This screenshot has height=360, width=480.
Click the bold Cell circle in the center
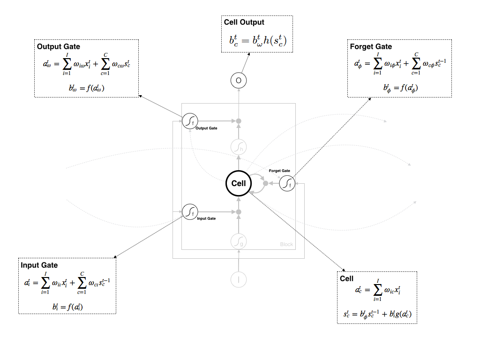[239, 183]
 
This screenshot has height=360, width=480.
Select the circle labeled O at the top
[239, 81]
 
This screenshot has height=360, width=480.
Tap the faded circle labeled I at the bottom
[239, 279]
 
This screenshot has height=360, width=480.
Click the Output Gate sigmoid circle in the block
[189, 121]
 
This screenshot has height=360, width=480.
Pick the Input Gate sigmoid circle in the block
[189, 212]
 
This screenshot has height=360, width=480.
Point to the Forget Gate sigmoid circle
[287, 183]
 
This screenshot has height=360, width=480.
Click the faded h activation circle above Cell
[239, 147]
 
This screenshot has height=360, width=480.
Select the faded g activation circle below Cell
[239, 241]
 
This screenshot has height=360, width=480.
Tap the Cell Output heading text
[244, 22]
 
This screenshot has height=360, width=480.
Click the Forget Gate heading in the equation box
[371, 46]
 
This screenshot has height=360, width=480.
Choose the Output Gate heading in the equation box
[59, 46]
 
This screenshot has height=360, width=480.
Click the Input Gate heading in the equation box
[39, 265]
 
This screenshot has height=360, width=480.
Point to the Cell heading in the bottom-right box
[347, 278]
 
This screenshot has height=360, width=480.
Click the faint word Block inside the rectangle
[286, 244]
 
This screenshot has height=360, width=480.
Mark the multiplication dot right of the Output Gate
[239, 121]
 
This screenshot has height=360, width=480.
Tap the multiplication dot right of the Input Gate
[239, 212]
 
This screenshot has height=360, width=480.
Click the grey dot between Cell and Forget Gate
[265, 183]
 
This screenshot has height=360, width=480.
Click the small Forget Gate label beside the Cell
[279, 171]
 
